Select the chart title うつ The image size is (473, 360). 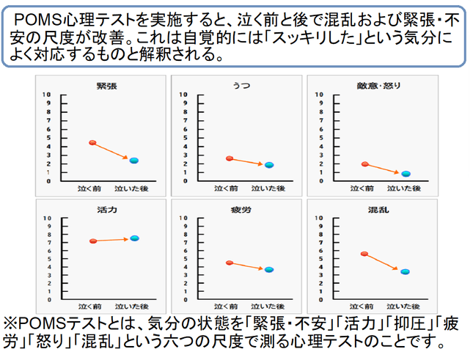(x=236, y=86)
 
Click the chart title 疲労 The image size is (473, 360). (x=236, y=209)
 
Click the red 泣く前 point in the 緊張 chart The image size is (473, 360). (x=92, y=142)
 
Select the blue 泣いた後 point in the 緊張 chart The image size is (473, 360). (x=133, y=161)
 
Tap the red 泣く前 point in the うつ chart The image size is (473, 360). (x=230, y=158)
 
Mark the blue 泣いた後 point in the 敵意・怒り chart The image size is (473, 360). (x=406, y=174)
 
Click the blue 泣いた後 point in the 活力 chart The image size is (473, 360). (x=134, y=238)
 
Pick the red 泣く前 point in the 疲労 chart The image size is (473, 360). (x=230, y=262)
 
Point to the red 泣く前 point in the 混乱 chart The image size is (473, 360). (x=364, y=254)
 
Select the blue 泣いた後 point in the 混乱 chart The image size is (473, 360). (x=405, y=271)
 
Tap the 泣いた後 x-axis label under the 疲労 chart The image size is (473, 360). (x=267, y=305)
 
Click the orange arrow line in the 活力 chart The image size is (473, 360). (x=113, y=240)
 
